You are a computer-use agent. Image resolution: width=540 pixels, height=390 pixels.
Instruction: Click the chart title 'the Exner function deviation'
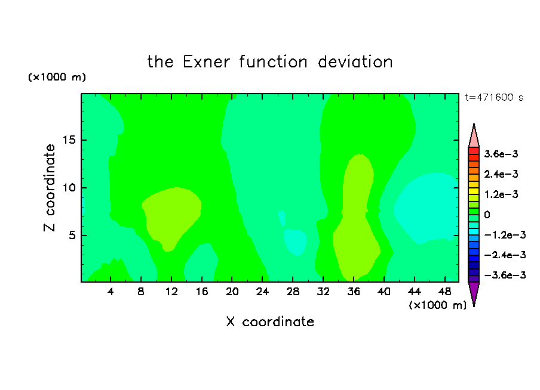[270, 62]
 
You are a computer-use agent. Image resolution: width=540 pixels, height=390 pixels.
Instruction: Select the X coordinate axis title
[270, 321]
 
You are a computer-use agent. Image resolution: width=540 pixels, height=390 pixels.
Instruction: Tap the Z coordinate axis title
[50, 188]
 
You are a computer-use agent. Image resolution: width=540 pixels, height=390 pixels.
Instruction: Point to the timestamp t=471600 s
[494, 97]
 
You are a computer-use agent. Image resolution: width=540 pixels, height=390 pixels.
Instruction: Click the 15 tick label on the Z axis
[69, 140]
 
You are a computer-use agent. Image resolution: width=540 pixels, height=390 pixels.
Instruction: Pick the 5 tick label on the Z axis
[72, 235]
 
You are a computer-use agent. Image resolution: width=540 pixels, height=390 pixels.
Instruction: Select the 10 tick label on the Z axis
[69, 188]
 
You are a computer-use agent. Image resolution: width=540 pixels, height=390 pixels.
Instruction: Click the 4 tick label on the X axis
[111, 292]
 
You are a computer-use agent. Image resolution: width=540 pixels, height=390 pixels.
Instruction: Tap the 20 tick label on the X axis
[232, 292]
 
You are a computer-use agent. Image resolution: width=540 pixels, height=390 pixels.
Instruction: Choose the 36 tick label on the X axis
[354, 292]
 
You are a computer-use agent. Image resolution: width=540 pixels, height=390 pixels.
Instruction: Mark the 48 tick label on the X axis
[444, 292]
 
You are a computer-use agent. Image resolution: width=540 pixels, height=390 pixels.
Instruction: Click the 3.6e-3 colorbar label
[501, 154]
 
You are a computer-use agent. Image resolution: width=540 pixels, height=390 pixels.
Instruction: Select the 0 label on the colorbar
[487, 215]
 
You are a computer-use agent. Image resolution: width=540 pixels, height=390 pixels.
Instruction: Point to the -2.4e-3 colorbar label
[505, 255]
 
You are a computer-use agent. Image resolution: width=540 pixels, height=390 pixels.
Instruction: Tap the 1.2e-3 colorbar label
[501, 194]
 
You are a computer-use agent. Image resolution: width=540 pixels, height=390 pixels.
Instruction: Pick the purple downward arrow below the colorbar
[474, 293]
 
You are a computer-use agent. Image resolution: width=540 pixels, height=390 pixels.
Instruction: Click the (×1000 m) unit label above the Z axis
[57, 77]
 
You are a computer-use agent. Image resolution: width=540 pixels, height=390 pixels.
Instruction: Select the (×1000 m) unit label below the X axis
[437, 305]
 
